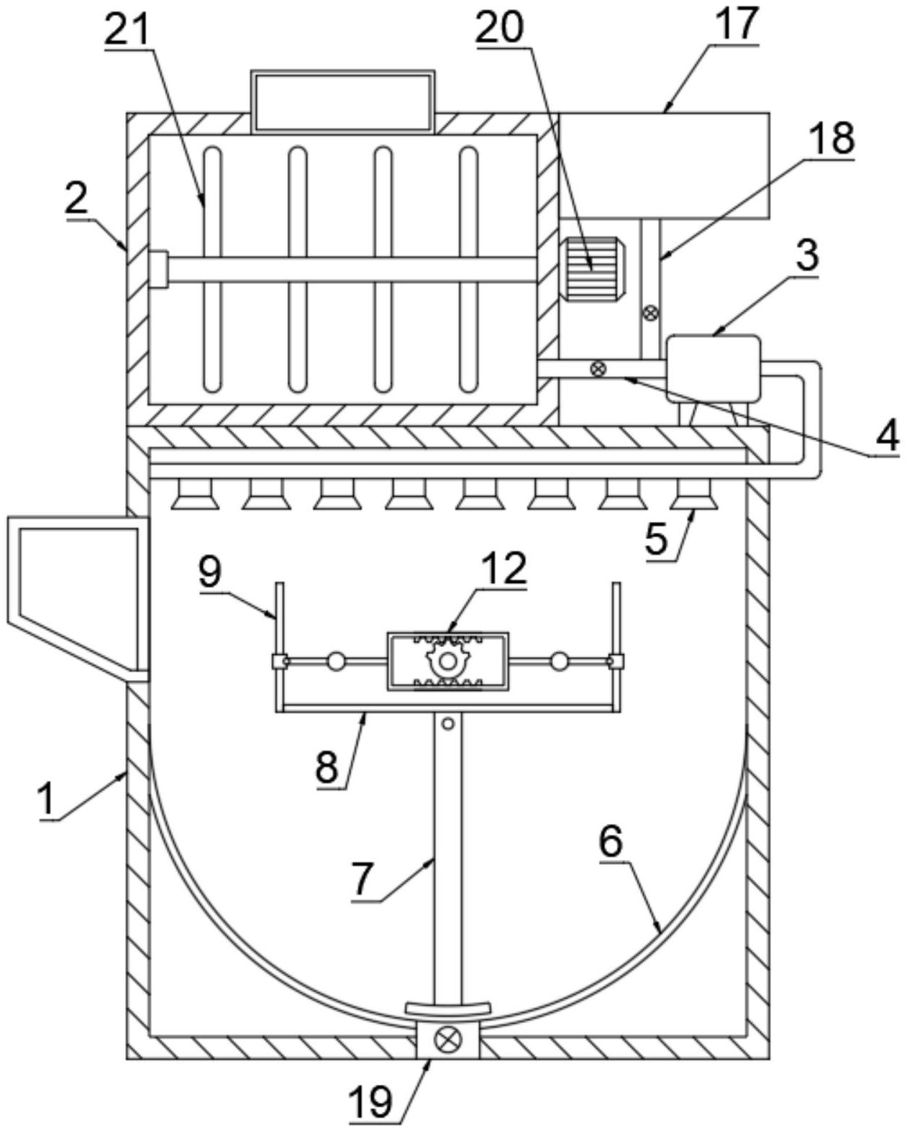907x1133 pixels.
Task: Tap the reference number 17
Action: [x=737, y=23]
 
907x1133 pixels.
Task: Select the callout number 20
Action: [x=500, y=26]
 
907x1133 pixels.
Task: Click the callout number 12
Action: [x=503, y=568]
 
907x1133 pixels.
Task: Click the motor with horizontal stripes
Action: [x=593, y=270]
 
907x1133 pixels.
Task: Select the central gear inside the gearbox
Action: [x=447, y=660]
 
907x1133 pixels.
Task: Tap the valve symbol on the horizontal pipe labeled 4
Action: [x=597, y=368]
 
